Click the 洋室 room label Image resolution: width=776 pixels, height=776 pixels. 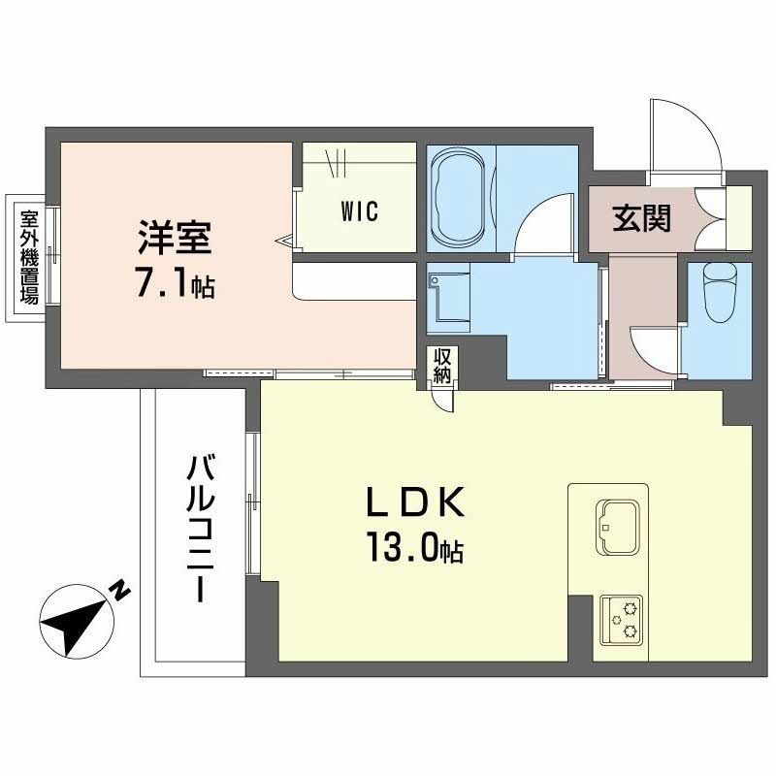point(175,239)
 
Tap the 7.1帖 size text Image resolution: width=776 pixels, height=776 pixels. point(175,286)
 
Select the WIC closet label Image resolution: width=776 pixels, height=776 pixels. point(360,210)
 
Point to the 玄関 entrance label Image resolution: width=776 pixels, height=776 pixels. point(641,218)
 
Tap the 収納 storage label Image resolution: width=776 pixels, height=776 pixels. point(441,365)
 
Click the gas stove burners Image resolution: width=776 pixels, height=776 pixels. point(622,619)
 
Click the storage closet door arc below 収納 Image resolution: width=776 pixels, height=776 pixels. point(443,401)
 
